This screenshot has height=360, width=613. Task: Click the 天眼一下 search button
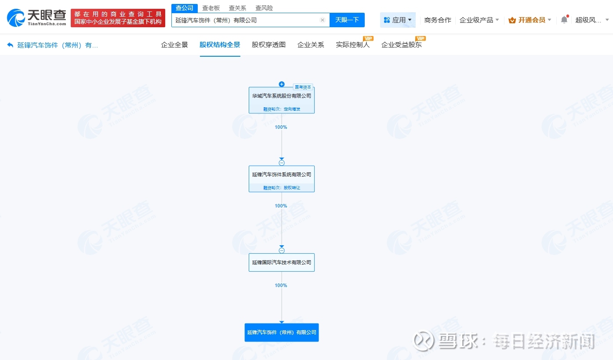click(x=347, y=20)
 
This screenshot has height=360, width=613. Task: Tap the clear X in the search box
click(x=323, y=20)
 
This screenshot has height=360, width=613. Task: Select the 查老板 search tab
click(x=211, y=8)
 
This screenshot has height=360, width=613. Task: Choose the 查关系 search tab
click(x=238, y=8)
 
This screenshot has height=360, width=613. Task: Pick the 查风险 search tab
click(x=264, y=8)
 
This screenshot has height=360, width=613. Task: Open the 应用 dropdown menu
click(x=398, y=20)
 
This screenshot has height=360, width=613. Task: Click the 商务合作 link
click(x=438, y=20)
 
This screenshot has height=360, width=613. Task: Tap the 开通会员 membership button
click(x=530, y=20)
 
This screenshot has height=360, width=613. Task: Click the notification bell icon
click(x=564, y=20)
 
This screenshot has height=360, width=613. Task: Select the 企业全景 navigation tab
click(x=174, y=45)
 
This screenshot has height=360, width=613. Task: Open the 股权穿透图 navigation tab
click(x=269, y=45)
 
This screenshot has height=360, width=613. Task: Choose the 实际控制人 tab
click(x=353, y=45)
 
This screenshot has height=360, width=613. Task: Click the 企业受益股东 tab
click(x=402, y=45)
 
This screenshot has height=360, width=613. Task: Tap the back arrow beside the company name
click(x=10, y=45)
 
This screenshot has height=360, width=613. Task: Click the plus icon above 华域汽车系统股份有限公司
click(x=282, y=84)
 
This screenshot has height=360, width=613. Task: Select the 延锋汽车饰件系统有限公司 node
click(x=282, y=179)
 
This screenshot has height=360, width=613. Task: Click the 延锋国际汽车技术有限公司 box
click(x=282, y=262)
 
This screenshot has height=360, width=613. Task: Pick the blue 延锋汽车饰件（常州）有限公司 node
click(x=282, y=332)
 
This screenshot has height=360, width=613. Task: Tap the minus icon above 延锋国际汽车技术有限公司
click(x=282, y=250)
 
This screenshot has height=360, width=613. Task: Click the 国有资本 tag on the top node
click(x=303, y=87)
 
